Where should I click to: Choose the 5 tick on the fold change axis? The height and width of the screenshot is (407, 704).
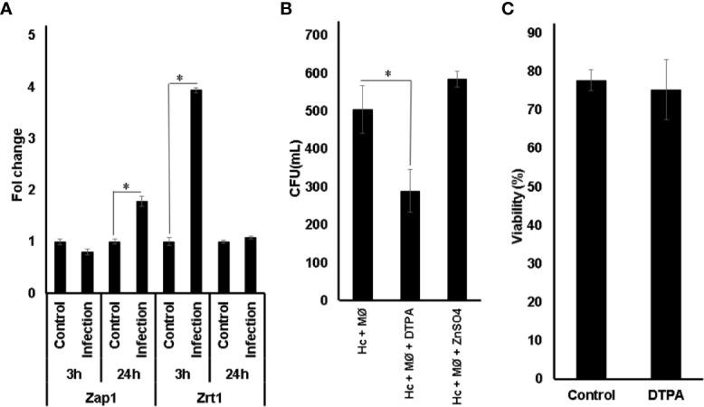tap(33, 35)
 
